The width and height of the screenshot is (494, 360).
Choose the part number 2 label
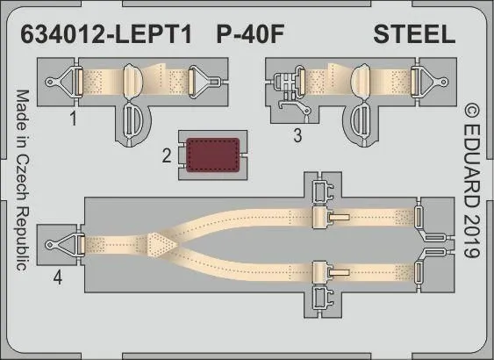pyautogui.click(x=166, y=158)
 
